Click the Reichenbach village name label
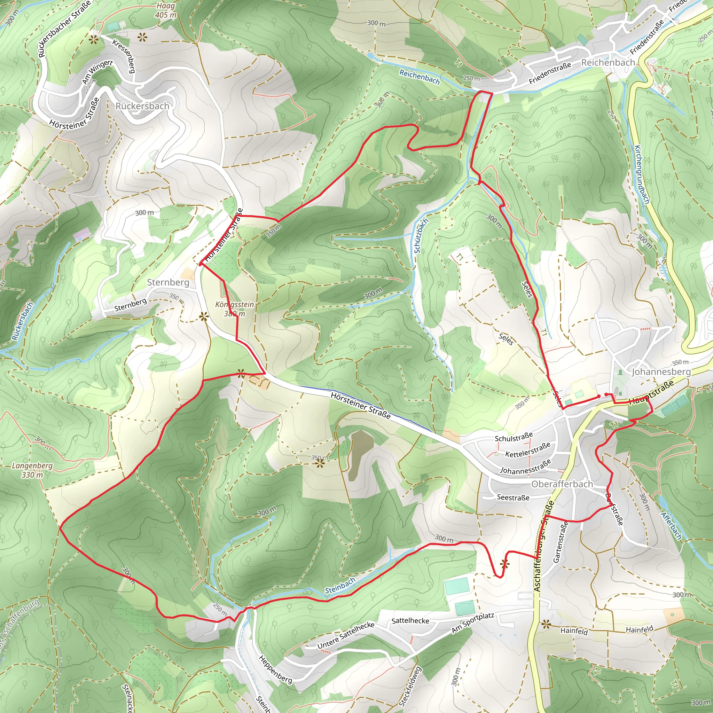608,62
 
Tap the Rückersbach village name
142,106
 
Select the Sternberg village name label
168,282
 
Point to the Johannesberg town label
661,371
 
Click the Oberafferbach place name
562,484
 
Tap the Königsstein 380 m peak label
235,309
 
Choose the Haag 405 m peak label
166,10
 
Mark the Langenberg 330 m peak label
32,470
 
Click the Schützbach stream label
421,236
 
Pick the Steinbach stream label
340,586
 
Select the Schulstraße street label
514,437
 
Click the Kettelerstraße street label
528,450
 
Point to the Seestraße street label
513,497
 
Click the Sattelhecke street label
410,621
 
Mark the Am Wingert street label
97,72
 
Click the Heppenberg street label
276,669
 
